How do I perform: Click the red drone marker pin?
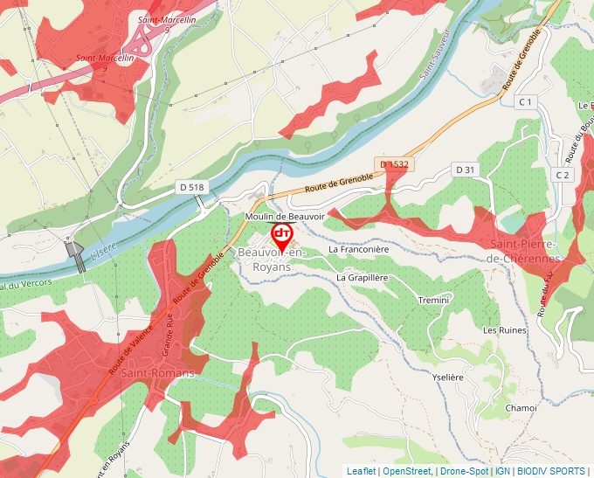[282, 234]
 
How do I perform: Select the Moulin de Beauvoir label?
[284, 216]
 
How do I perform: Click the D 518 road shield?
[190, 187]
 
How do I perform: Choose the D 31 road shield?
[465, 170]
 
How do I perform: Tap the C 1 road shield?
[525, 102]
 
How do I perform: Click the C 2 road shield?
[563, 175]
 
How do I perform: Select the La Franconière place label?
[358, 249]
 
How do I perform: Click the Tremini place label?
[433, 300]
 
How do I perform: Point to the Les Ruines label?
[505, 330]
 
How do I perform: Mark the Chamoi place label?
[521, 407]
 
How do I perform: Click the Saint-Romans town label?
[157, 372]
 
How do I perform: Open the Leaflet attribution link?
[362, 471]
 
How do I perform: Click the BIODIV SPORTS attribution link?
[551, 471]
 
